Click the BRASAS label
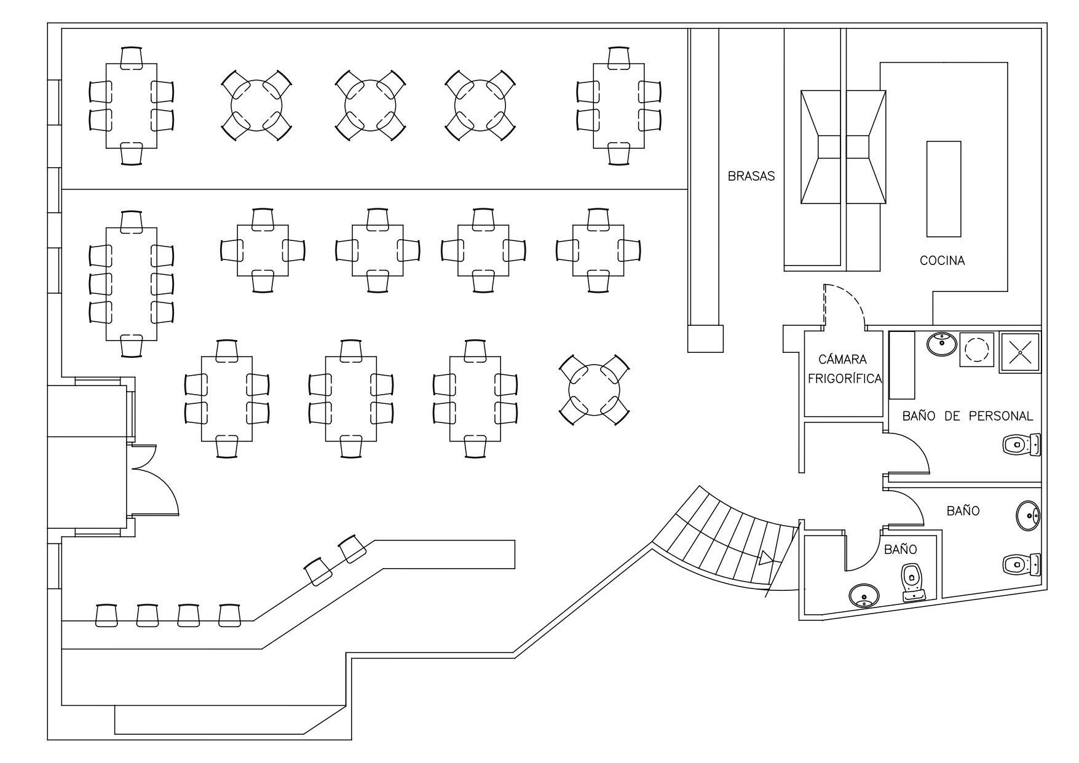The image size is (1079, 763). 751,176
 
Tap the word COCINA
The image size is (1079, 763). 942,261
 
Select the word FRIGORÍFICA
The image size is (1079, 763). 845,379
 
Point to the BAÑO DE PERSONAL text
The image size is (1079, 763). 967,416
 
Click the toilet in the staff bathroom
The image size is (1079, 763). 1021,444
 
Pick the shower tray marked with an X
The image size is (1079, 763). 1020,352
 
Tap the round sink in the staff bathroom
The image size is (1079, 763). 941,344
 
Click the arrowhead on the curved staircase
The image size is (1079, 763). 767,558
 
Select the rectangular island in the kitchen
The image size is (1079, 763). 944,188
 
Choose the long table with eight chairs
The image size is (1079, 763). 131,283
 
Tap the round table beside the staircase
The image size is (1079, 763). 594,390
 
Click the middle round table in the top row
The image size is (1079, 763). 370,106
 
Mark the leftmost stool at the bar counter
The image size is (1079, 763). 106,615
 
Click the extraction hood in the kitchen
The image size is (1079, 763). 843,147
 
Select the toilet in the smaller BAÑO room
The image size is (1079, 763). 912,582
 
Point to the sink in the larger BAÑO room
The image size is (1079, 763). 1028,515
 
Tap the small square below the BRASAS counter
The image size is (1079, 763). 705,338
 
